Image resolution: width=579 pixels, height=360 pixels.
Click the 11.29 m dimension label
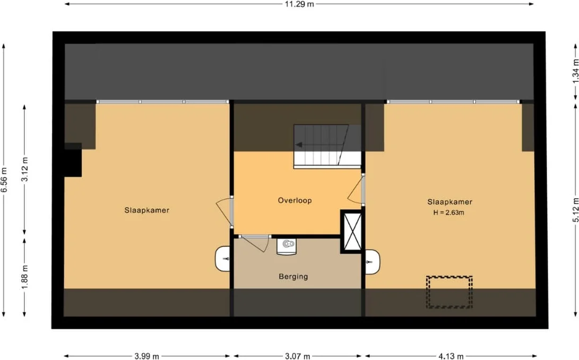tap(299, 4)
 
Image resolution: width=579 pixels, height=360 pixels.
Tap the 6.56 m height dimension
tap(4, 179)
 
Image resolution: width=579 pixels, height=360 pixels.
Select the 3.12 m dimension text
tap(25, 169)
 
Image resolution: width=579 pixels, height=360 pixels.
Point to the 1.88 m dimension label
tap(25, 277)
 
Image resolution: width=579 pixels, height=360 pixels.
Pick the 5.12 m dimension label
tap(575, 210)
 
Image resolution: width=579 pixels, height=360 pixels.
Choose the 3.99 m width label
tap(146, 356)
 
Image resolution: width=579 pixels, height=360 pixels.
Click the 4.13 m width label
tap(451, 356)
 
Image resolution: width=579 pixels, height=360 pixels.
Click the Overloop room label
tap(295, 200)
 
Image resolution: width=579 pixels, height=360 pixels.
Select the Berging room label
tap(293, 277)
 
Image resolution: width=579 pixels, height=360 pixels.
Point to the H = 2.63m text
tap(448, 212)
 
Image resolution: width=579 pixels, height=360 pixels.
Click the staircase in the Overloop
tap(327, 147)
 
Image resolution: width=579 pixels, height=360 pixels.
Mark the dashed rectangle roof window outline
tap(449, 292)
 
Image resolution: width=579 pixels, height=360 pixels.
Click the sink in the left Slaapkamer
tap(223, 259)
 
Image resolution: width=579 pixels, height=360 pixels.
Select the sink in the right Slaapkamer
tap(372, 262)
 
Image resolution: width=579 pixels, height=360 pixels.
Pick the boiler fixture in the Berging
tap(287, 246)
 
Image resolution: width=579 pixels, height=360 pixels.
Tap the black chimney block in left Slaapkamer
tap(73, 160)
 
